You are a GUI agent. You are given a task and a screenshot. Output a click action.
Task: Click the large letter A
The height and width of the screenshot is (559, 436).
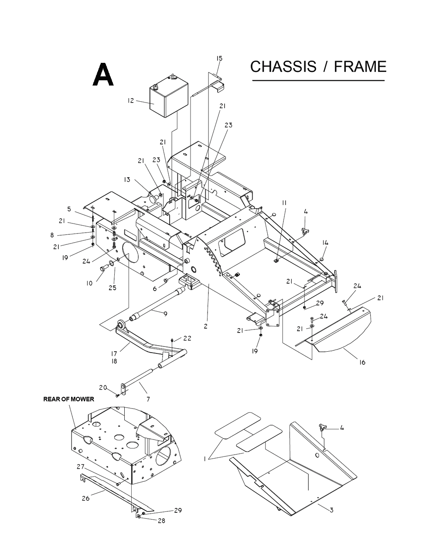click(x=103, y=75)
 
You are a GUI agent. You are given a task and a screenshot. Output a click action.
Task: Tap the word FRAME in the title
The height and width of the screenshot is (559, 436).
click(x=360, y=67)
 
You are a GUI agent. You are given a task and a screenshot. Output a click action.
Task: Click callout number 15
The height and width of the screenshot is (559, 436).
click(x=219, y=58)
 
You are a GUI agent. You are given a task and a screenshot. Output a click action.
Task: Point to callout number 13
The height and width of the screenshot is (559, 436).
click(x=127, y=180)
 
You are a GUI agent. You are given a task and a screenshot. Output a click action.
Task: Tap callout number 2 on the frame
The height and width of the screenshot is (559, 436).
click(x=205, y=326)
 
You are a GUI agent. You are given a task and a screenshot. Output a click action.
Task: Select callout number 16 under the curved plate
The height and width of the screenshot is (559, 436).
click(x=362, y=362)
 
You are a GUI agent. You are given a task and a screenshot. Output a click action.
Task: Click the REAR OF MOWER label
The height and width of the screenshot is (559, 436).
click(x=68, y=399)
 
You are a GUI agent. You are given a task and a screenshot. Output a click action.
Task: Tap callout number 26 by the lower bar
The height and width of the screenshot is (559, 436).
click(x=85, y=498)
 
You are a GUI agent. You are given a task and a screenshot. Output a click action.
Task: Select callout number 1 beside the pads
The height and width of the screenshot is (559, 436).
click(x=204, y=459)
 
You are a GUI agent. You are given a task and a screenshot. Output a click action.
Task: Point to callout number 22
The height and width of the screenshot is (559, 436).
click(x=187, y=338)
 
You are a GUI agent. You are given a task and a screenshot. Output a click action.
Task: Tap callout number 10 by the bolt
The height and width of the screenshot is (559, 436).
click(x=89, y=283)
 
